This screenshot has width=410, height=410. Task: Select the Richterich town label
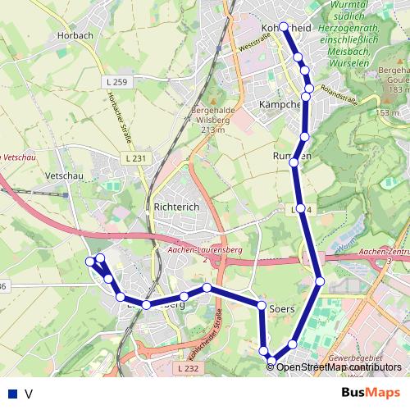(176, 207)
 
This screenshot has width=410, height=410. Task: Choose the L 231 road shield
(136, 157)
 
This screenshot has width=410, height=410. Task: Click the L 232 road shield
(187, 369)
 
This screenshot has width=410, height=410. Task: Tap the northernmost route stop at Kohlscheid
(284, 26)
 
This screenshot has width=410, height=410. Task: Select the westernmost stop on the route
(90, 261)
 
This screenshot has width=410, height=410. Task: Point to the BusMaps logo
(371, 393)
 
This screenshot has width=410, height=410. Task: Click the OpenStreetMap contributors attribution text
(339, 367)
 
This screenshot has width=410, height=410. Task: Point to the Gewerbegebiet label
(353, 359)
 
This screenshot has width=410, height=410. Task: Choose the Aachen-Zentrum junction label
(385, 252)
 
